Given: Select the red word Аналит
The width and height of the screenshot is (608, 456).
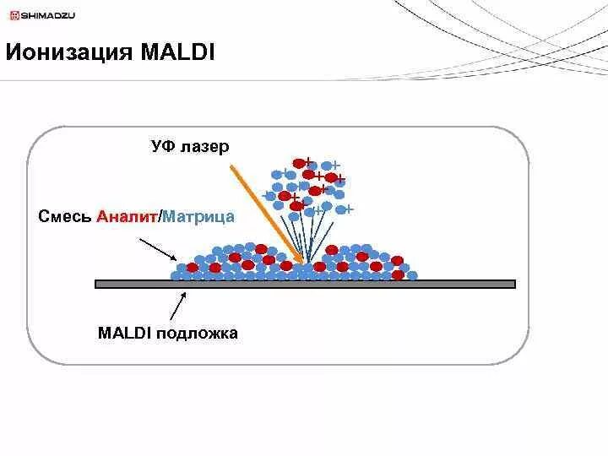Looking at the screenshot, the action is click(x=127, y=216).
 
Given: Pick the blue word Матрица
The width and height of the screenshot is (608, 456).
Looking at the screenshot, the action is click(x=199, y=216).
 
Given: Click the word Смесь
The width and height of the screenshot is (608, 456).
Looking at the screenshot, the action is click(x=65, y=216).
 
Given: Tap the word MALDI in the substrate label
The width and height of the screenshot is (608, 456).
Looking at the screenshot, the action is click(x=124, y=333).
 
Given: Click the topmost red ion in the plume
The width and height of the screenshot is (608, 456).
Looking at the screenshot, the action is click(x=299, y=162).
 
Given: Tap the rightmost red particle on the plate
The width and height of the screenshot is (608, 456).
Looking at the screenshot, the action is click(x=397, y=274).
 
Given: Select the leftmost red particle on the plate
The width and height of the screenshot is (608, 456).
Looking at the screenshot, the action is click(x=193, y=267).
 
